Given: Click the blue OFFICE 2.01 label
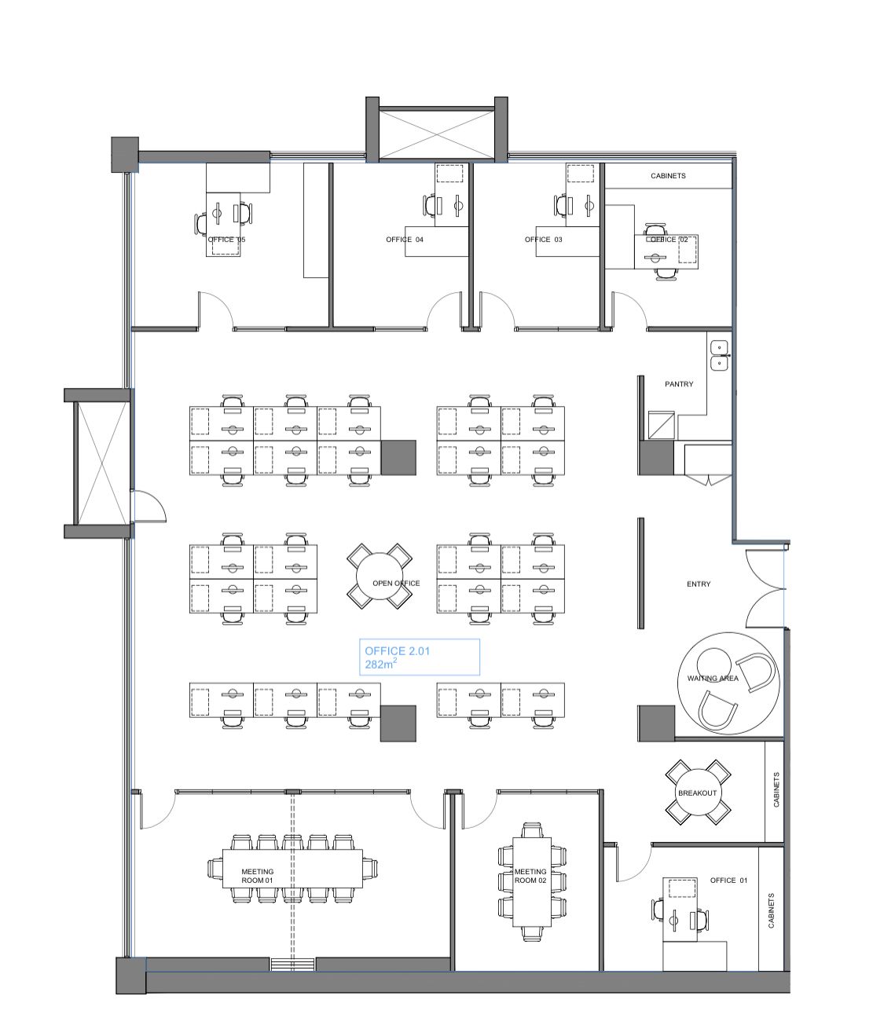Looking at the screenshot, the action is [397, 650].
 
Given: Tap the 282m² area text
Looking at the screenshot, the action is [381, 664].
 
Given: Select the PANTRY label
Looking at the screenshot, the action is [679, 384].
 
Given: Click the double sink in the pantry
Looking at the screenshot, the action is [719, 356].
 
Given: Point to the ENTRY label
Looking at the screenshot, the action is [699, 584].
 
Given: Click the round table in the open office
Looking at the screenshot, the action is [380, 576].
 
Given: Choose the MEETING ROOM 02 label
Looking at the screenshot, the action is [530, 876].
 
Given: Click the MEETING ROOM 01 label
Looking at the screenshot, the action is [258, 876].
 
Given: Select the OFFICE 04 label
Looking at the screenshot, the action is [405, 240].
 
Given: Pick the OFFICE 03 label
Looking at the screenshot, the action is [543, 240].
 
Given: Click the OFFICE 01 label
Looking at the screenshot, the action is [728, 881].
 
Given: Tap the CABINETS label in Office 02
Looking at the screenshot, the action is [668, 176].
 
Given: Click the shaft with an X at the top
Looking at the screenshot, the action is [437, 134].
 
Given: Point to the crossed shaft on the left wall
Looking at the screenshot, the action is [102, 463].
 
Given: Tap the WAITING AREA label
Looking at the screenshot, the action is [713, 678].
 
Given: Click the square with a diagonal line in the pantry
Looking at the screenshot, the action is [661, 425].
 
